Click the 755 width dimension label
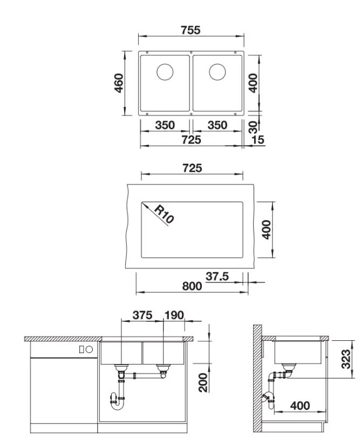191,30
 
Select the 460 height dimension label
119,83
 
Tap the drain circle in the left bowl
165,72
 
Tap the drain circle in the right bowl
218,72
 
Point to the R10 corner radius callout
164,214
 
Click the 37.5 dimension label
217,276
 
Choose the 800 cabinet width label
192,286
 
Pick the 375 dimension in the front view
142,315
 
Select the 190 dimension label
174,315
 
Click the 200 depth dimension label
203,382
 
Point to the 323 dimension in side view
345,359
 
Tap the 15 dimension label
258,140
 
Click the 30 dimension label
253,127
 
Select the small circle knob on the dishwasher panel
90,349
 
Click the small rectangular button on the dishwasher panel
81,349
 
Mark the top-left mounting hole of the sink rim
147,52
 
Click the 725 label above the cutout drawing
192,168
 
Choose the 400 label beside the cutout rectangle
267,230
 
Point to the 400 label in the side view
300,406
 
